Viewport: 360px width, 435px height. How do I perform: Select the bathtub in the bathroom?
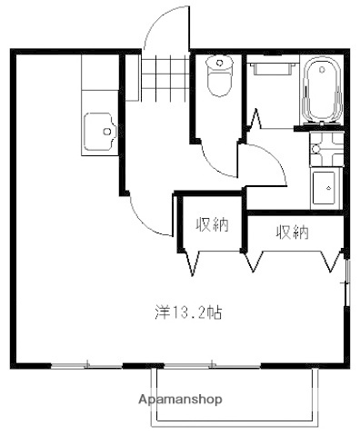point(319,90)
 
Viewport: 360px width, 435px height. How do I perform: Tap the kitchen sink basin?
point(99,133)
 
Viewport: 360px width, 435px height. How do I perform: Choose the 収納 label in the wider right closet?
point(292,232)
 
